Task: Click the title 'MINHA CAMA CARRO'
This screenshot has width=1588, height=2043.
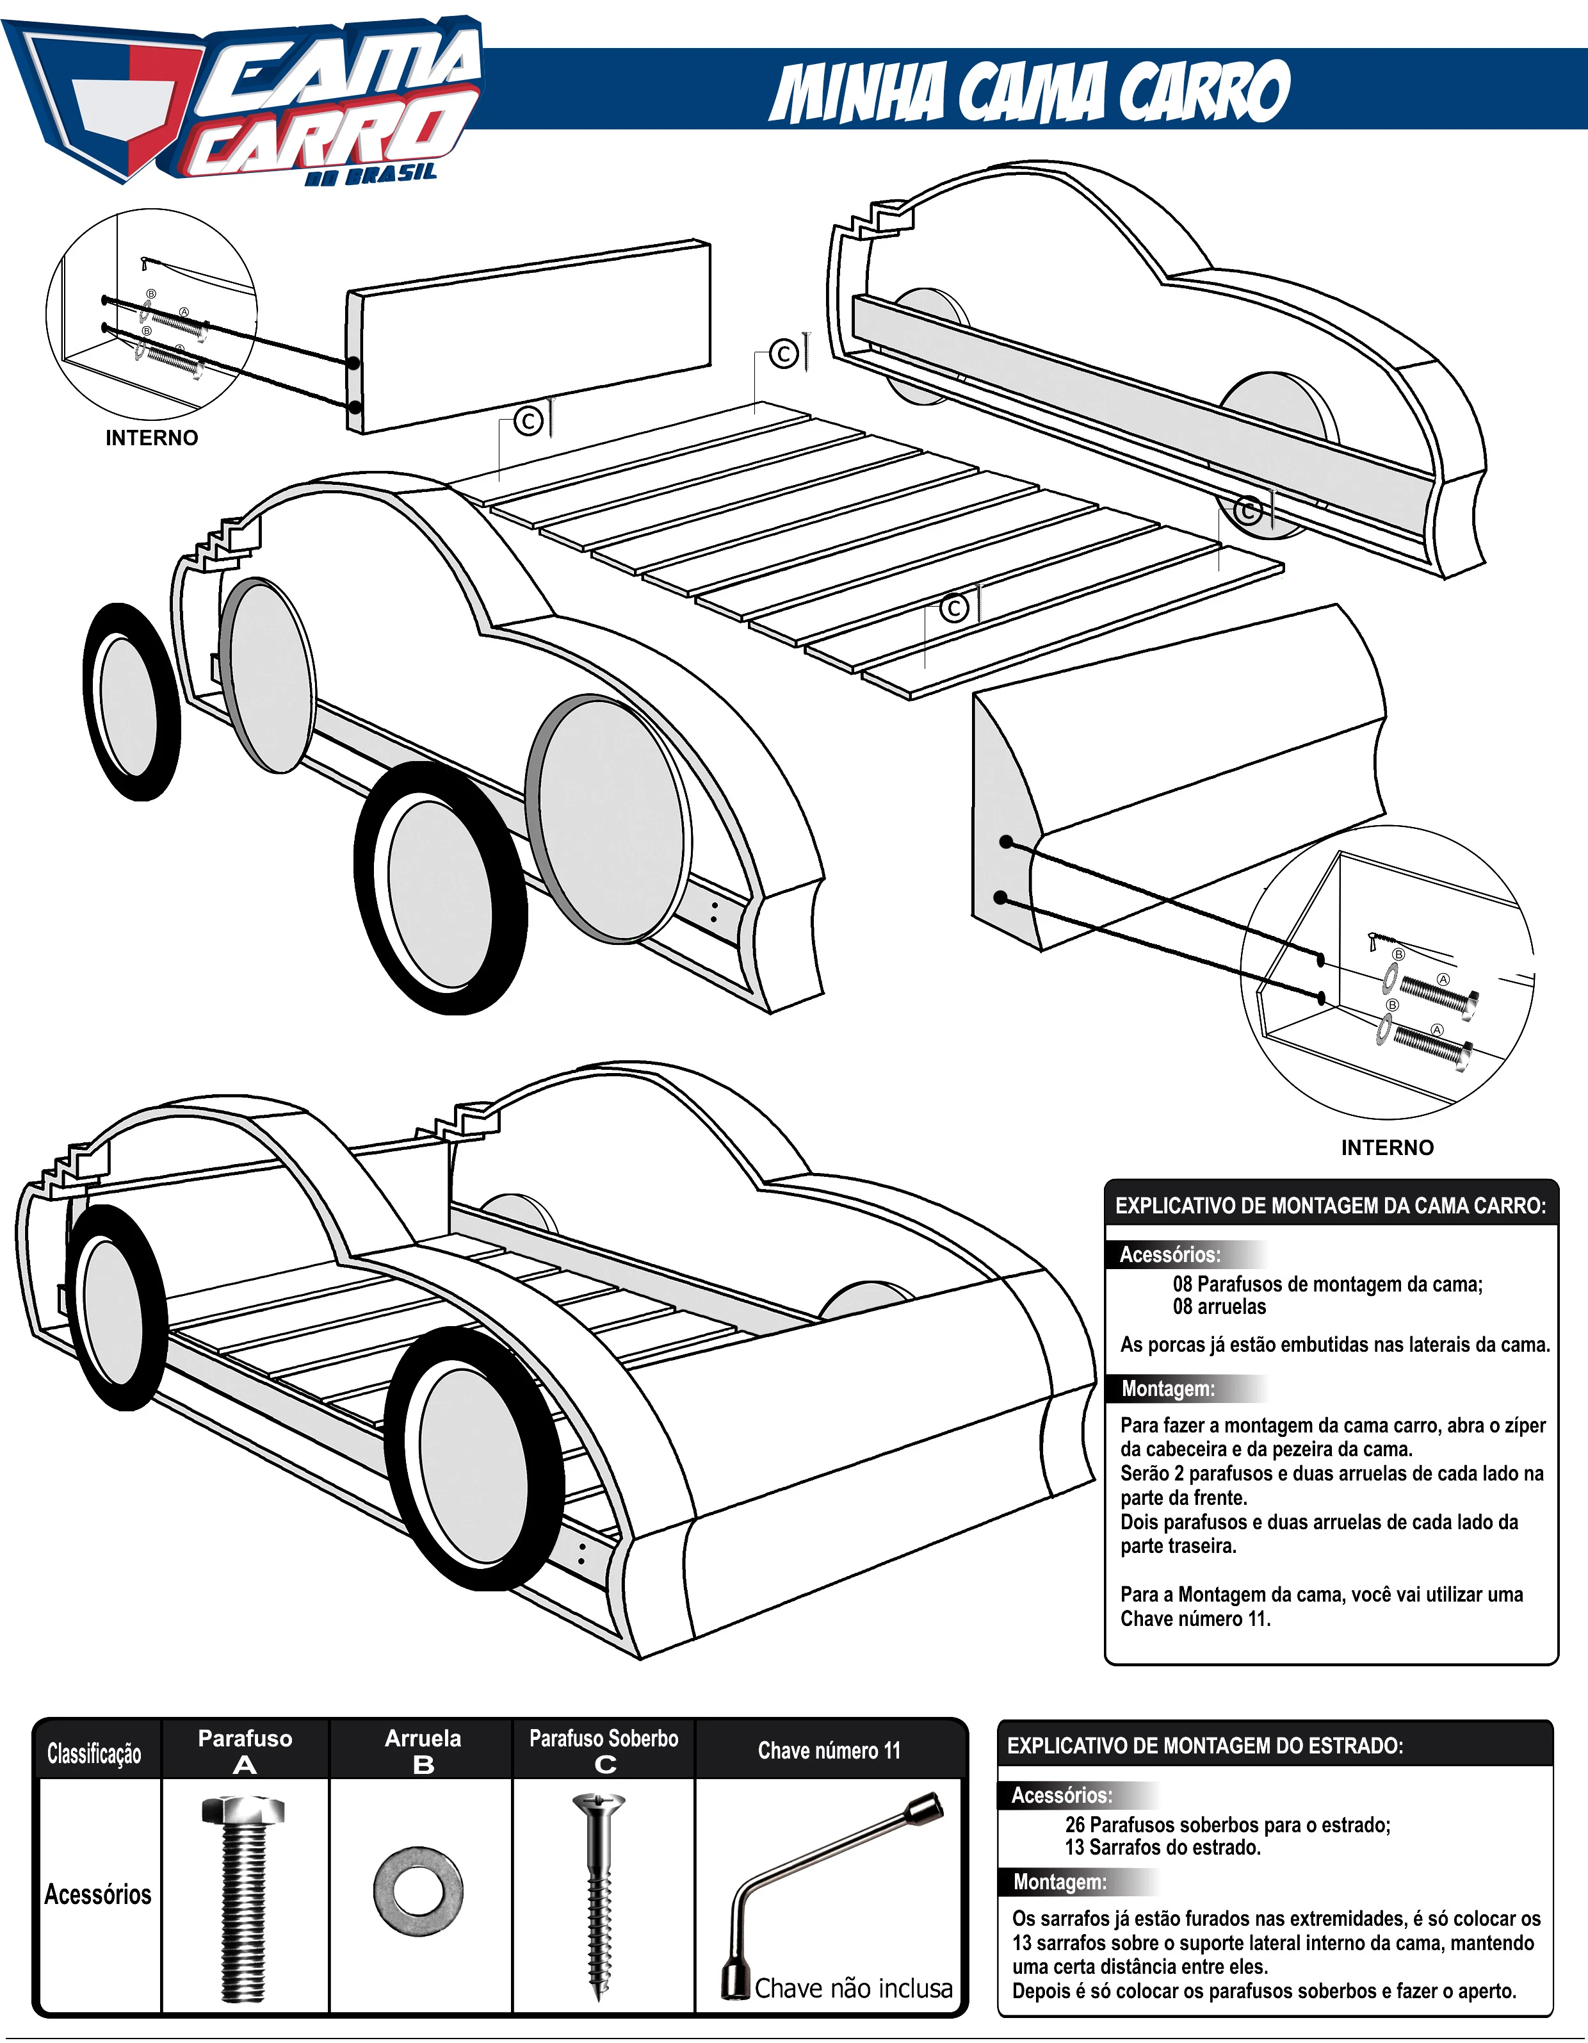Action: point(1030,92)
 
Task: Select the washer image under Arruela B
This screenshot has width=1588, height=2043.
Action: point(418,1891)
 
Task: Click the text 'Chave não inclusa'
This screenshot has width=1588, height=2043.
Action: point(853,1988)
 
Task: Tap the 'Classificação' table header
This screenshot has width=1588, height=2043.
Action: point(95,1753)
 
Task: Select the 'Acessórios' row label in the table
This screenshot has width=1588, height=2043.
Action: point(97,1894)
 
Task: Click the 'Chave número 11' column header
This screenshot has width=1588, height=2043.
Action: point(830,1750)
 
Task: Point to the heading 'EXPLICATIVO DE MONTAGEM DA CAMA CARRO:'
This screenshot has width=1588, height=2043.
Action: point(1330,1206)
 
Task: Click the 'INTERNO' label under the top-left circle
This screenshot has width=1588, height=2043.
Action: point(152,438)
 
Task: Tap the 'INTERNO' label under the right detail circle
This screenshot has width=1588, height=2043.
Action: point(1387,1148)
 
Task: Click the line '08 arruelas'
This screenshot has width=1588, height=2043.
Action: point(1220,1307)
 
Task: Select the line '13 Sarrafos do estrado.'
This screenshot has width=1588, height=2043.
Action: point(1162,1848)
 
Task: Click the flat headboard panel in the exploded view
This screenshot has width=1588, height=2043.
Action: point(528,337)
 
